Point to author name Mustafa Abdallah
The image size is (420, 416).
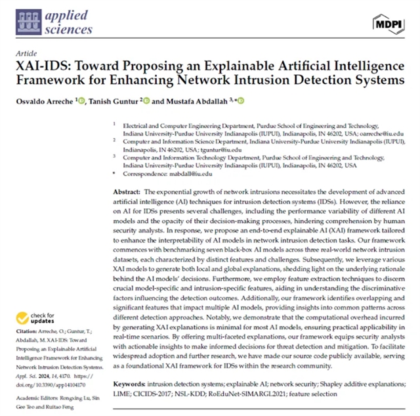point(186,100)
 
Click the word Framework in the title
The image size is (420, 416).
point(47,81)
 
